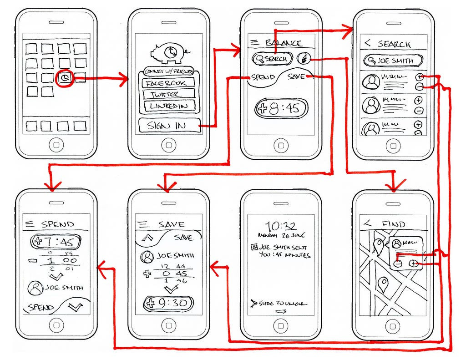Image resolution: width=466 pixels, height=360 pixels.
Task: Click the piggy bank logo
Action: tap(168, 52)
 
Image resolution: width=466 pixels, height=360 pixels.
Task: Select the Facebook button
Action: tap(168, 83)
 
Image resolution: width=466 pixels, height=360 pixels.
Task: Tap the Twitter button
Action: tap(168, 95)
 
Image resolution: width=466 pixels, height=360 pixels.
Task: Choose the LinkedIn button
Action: tap(168, 106)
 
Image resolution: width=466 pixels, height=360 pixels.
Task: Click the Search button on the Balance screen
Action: tap(272, 59)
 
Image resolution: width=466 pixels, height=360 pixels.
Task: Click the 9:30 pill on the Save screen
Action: tap(168, 303)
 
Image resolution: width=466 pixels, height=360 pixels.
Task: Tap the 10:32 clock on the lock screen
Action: tap(281, 226)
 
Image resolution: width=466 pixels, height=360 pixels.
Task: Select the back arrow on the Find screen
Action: tap(367, 223)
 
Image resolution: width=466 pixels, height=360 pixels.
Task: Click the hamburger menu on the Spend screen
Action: tap(30, 224)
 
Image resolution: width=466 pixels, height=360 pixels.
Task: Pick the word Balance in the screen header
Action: tap(284, 43)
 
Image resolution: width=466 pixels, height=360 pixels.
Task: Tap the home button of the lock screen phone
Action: tap(281, 325)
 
